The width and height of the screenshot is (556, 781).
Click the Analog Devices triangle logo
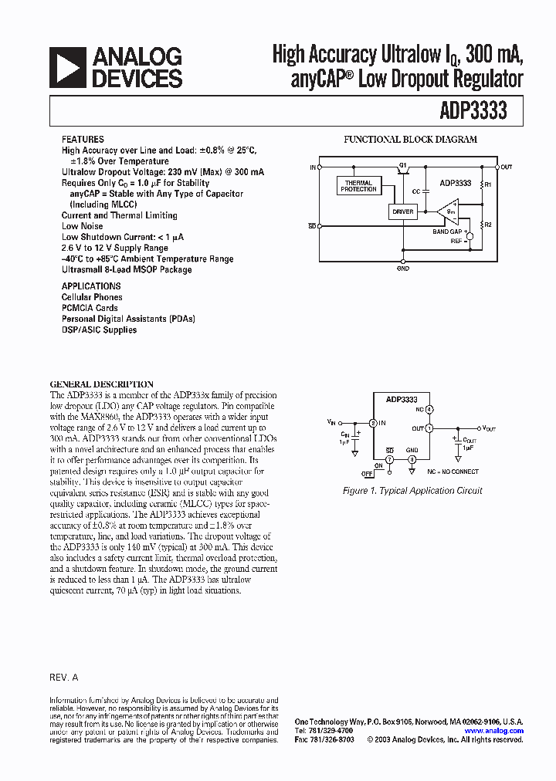tap(68, 67)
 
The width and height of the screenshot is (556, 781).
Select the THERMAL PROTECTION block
tap(358, 186)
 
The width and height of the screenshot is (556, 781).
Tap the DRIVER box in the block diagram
tap(403, 211)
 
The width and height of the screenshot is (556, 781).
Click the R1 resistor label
tap(487, 185)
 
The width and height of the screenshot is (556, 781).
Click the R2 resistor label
tap(487, 225)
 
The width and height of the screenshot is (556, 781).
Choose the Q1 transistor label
tap(402, 165)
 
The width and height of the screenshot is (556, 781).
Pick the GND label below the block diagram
tap(403, 269)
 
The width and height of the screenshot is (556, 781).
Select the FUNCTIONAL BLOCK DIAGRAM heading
tap(409, 140)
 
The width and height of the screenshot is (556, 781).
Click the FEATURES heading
tap(83, 140)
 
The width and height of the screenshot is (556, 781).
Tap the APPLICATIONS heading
tap(91, 286)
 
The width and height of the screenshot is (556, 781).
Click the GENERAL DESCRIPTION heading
tap(101, 384)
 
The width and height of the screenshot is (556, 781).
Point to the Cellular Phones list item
tap(92, 297)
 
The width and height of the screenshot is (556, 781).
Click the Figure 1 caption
tap(412, 491)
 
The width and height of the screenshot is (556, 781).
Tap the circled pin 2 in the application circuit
tap(373, 423)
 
